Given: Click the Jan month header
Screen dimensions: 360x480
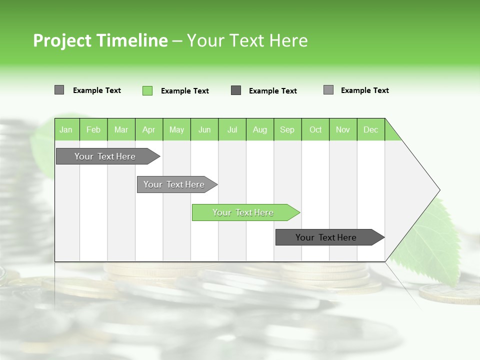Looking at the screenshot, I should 66,129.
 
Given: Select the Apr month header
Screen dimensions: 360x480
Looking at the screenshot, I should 148,129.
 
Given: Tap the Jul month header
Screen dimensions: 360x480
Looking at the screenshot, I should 232,129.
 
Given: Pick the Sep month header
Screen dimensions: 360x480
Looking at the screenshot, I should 287,129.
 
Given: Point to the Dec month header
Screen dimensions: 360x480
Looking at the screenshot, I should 370,129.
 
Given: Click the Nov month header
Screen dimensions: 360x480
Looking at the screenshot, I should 342,129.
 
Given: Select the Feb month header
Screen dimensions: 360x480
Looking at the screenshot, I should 93,129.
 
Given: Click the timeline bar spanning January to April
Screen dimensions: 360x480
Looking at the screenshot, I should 105,156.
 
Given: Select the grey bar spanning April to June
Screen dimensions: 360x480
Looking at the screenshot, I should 174,184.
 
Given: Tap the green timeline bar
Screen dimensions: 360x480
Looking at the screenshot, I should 243,212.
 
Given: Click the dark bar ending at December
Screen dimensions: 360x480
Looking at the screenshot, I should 326,237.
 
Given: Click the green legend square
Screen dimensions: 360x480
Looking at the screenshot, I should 147,90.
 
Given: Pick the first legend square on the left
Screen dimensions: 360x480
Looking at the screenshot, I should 59,90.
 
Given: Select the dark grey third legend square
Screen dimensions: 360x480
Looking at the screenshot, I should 236,90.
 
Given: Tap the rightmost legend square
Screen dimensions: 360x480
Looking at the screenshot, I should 328,90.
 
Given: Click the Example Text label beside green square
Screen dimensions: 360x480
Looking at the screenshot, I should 184,91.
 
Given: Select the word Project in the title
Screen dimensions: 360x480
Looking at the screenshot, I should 62,41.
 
